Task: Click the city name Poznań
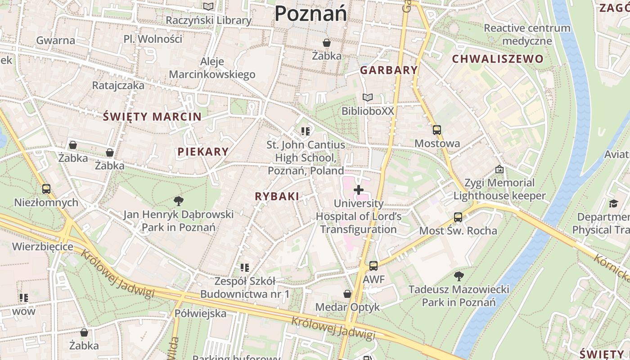[310, 13]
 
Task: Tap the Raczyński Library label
[208, 20]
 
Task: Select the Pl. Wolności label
[153, 39]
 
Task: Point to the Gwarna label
[56, 40]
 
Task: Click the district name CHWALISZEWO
[498, 59]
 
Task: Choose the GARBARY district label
[389, 70]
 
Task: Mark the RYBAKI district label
[277, 196]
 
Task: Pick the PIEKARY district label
[203, 152]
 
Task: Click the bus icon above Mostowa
[436, 130]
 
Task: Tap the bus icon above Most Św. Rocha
[458, 217]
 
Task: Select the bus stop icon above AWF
[373, 266]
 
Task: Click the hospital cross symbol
[358, 190]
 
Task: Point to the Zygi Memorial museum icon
[499, 170]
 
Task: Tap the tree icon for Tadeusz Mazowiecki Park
[459, 275]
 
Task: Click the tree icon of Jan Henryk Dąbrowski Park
[179, 201]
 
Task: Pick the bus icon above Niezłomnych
[46, 189]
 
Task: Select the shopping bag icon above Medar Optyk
[347, 294]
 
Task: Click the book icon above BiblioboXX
[368, 97]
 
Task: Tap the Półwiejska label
[200, 314]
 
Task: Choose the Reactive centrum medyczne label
[527, 35]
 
